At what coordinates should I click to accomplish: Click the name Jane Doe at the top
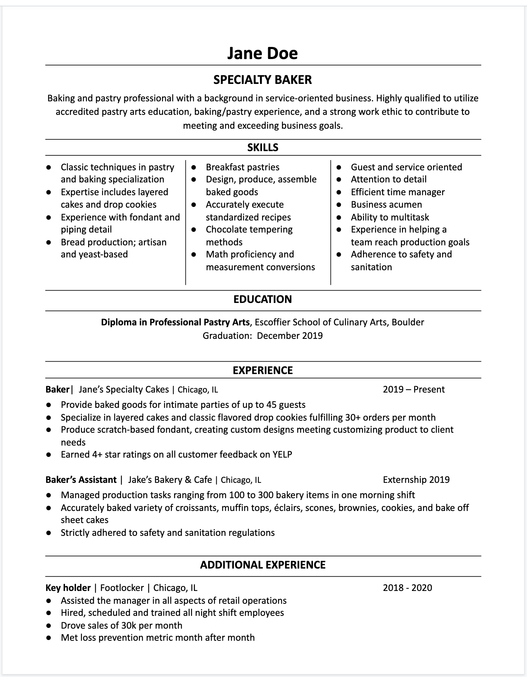pos(262,53)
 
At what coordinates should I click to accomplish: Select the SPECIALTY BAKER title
pos(262,80)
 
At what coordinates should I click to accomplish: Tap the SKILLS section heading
pos(263,147)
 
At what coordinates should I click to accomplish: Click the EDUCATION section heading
pos(263,299)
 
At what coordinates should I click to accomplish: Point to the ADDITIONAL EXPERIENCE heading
pos(263,565)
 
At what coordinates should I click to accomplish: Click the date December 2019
pos(290,336)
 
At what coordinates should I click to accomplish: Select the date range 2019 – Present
pos(414,389)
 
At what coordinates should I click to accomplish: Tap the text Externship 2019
pos(416,480)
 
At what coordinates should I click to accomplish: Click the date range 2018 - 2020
pos(407,588)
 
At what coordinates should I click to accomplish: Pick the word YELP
pos(282,454)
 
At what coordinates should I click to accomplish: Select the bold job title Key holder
pos(68,588)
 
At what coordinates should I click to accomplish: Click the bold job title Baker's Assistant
pos(81,480)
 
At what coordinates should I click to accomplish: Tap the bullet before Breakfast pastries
pos(194,167)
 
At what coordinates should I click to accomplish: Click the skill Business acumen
pos(386,204)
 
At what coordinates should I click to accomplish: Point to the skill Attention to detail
pos(389,179)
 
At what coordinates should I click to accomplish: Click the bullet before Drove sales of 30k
pos(49,625)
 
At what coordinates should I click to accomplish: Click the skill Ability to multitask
pos(390,217)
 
